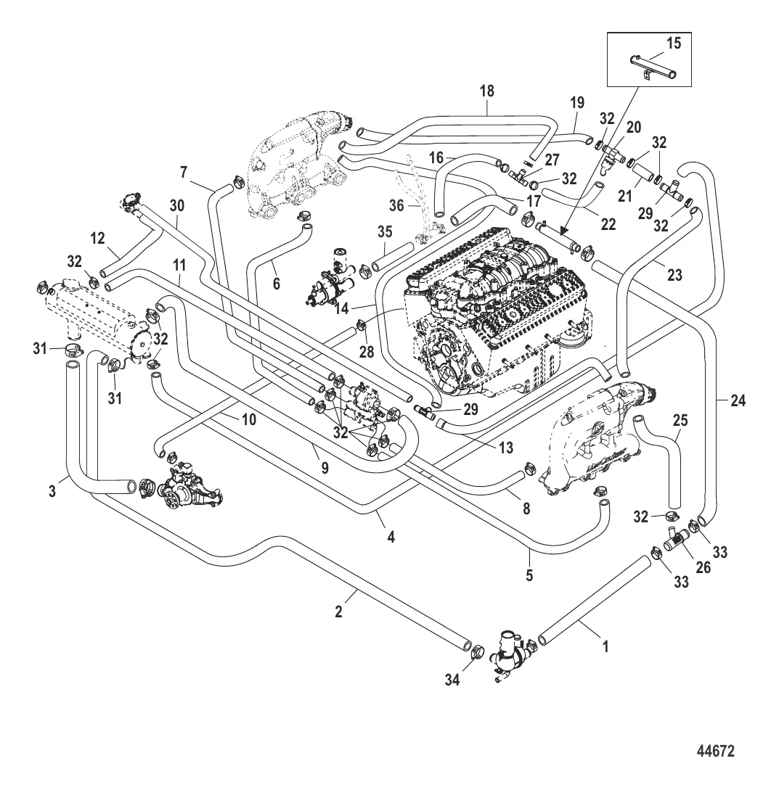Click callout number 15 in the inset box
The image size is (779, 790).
673,44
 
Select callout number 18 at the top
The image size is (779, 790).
486,91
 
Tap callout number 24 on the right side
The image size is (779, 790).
738,400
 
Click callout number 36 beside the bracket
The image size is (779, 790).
396,206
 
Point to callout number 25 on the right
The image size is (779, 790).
680,420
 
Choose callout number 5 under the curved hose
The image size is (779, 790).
529,575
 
